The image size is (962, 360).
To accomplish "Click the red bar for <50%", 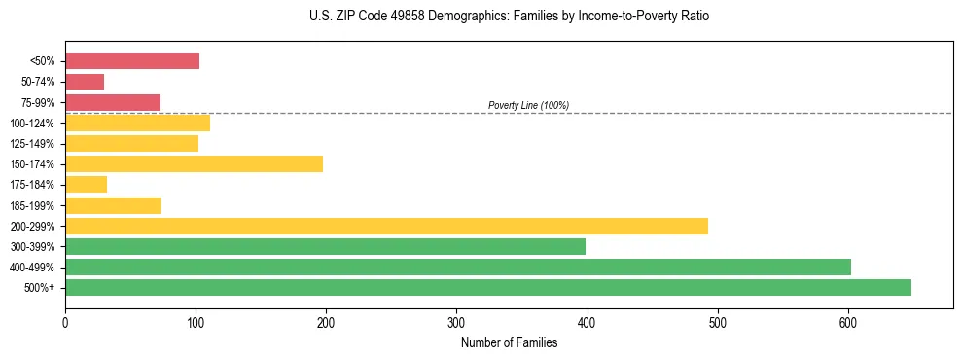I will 131,61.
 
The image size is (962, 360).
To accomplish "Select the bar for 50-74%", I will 85,82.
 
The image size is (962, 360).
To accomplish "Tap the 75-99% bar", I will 113,102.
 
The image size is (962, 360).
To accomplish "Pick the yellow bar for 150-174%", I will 194,163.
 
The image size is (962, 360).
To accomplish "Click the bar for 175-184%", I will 86,184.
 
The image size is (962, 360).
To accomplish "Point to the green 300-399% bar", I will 325,246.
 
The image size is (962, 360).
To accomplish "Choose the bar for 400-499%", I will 458,267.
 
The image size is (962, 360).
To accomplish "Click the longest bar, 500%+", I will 488,287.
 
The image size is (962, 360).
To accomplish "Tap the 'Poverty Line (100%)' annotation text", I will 528,105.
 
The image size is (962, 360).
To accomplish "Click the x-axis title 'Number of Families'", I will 509,342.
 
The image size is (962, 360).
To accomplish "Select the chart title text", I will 510,17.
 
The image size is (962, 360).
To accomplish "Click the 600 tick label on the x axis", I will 848,322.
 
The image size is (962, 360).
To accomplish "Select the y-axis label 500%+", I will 39,288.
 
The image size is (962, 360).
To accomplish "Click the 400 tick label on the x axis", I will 587,322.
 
